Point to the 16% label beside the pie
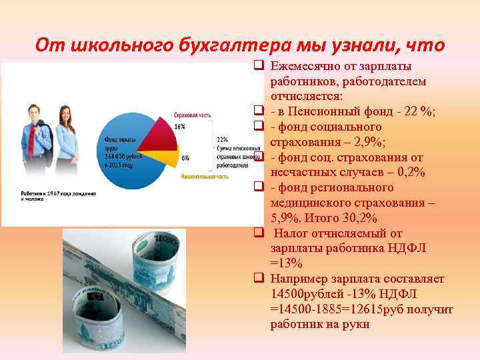click(x=179, y=126)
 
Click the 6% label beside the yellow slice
click(x=185, y=158)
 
